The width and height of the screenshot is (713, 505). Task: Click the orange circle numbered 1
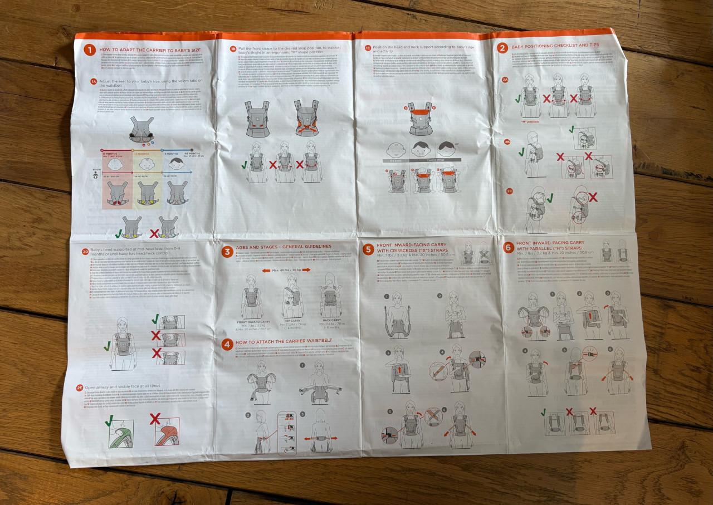coord(90,50)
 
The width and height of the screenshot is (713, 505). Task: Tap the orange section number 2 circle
coord(502,48)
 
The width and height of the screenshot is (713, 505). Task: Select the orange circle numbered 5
coord(368,249)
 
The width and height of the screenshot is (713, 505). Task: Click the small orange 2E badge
coord(80,387)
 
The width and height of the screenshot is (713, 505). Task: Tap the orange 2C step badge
coord(509,191)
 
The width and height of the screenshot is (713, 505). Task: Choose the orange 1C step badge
coord(367,48)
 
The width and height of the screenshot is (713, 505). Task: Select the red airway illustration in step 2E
coord(167,432)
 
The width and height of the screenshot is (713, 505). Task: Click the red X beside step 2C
coord(593,197)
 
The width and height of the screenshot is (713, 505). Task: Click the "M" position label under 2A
coord(529,121)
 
